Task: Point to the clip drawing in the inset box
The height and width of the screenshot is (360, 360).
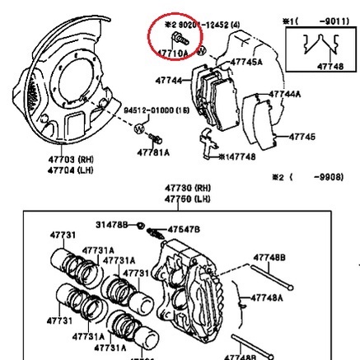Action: click(x=313, y=49)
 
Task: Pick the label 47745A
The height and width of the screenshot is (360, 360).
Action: click(x=246, y=62)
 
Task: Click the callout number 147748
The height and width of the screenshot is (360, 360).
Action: click(x=238, y=155)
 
